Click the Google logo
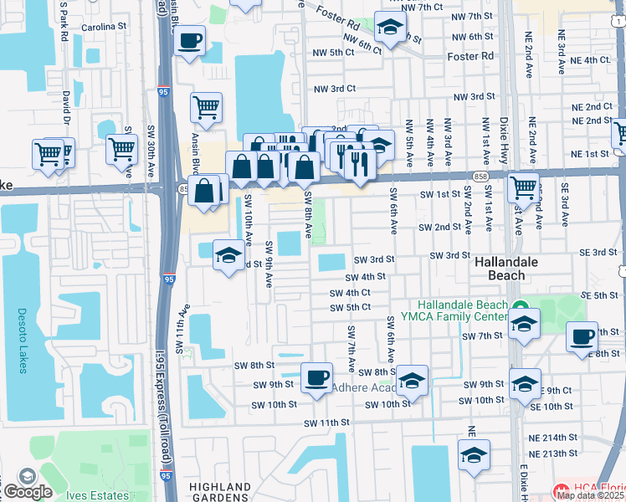click(27, 492)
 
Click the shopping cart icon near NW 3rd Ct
click(205, 107)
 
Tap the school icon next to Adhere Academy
click(412, 382)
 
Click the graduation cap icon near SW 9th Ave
click(228, 256)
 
